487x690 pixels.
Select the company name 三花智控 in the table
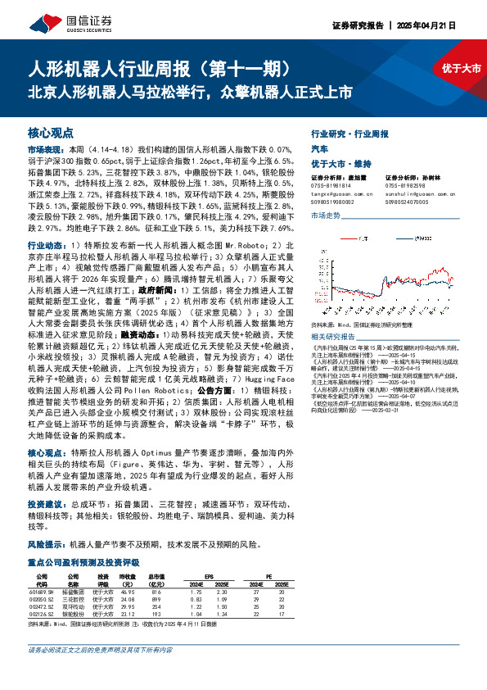pyautogui.click(x=74, y=600)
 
